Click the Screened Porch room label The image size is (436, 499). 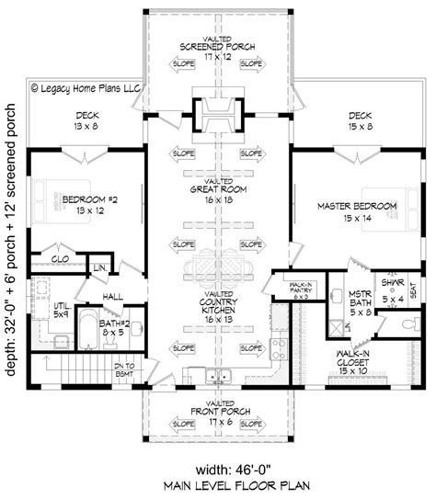pos(218,45)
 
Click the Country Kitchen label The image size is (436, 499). pos(218,307)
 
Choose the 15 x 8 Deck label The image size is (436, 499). pos(360,121)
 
